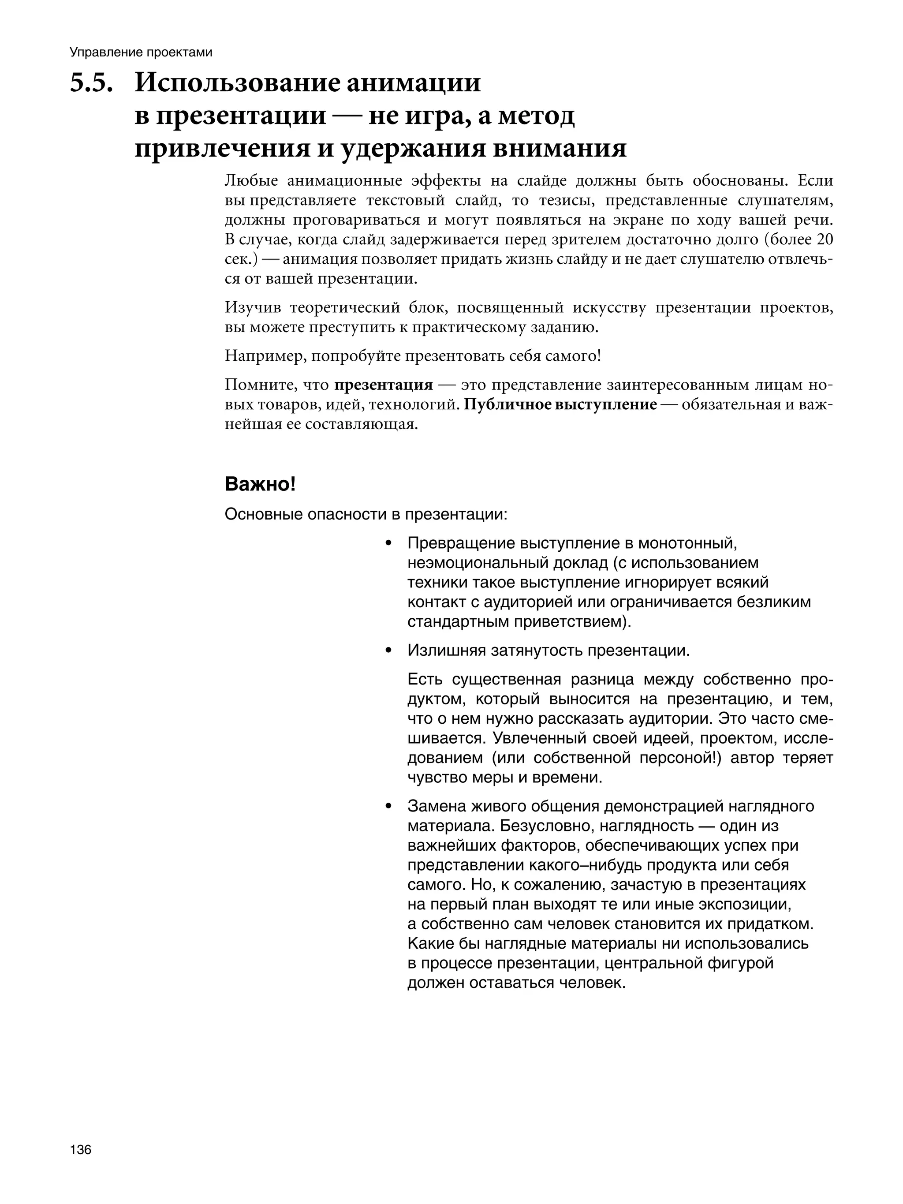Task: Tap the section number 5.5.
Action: pos(91,83)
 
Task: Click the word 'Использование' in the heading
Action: pos(235,83)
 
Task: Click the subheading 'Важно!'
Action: pos(260,484)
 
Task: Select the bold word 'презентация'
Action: pos(383,385)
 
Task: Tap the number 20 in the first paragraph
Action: pos(824,240)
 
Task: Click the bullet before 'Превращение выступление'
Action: pos(388,543)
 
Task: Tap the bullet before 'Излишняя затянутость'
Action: pos(388,651)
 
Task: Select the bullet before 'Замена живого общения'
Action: pos(388,806)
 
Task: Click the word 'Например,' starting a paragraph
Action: pos(265,356)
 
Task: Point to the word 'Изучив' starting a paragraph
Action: pos(253,308)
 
